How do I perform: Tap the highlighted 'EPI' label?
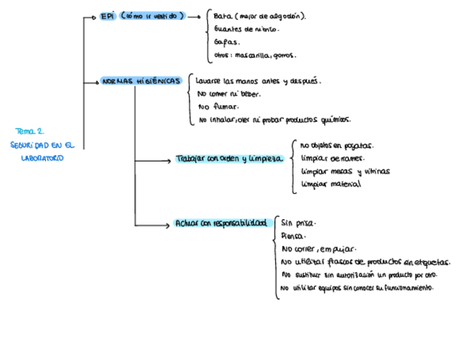pyautogui.click(x=106, y=17)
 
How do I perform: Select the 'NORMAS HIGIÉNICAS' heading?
pyautogui.click(x=141, y=81)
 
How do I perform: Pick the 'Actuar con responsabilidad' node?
pyautogui.click(x=223, y=223)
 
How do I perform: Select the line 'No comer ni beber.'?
pyautogui.click(x=229, y=94)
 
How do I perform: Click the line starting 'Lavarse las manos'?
pyautogui.click(x=258, y=81)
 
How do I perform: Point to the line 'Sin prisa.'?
pyautogui.click(x=298, y=224)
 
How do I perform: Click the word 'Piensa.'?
pyautogui.click(x=293, y=236)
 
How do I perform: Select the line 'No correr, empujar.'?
pyautogui.click(x=319, y=249)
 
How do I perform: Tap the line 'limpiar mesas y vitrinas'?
pyautogui.click(x=345, y=172)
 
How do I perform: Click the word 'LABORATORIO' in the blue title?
pyautogui.click(x=41, y=158)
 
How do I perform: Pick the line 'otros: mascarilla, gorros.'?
pyautogui.click(x=255, y=55)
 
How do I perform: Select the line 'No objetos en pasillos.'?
pyautogui.click(x=337, y=147)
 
